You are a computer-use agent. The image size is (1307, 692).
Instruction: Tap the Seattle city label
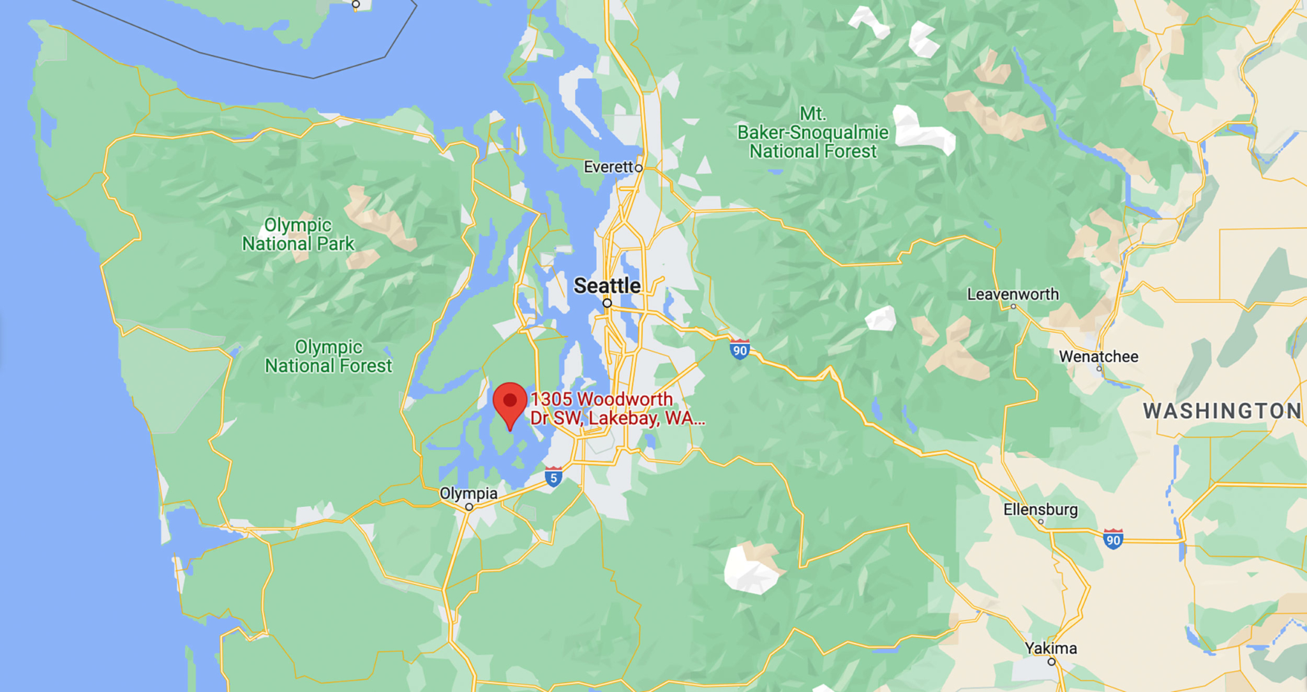coord(607,285)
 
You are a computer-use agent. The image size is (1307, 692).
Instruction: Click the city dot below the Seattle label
coord(608,303)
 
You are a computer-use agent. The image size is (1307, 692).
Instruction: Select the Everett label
coord(608,167)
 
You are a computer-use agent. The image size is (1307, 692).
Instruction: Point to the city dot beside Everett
coord(638,168)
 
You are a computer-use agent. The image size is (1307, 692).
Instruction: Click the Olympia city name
coord(468,493)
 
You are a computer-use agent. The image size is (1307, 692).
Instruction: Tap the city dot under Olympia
coord(469,507)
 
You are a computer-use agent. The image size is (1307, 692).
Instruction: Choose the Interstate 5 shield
coord(553,477)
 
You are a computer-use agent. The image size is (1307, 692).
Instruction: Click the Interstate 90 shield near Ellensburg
coord(1113,539)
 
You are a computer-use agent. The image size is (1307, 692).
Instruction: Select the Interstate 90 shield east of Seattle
coord(740,349)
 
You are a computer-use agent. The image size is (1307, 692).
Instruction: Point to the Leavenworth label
coord(1013,294)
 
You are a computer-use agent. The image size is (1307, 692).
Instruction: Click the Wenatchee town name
coord(1098,356)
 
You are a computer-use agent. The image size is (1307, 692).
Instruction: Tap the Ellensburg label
coord(1040,509)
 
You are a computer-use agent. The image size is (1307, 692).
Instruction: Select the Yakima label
coord(1050,649)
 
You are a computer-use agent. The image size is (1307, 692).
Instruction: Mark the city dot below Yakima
coord(1052,662)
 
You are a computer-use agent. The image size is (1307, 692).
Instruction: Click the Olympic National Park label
coord(298,234)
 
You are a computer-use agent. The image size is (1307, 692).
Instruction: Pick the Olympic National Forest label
coord(328,356)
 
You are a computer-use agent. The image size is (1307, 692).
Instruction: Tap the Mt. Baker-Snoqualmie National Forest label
coord(812,133)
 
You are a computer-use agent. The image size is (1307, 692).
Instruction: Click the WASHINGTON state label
coord(1221,411)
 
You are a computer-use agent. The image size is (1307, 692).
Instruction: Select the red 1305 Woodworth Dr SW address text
coord(616,409)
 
